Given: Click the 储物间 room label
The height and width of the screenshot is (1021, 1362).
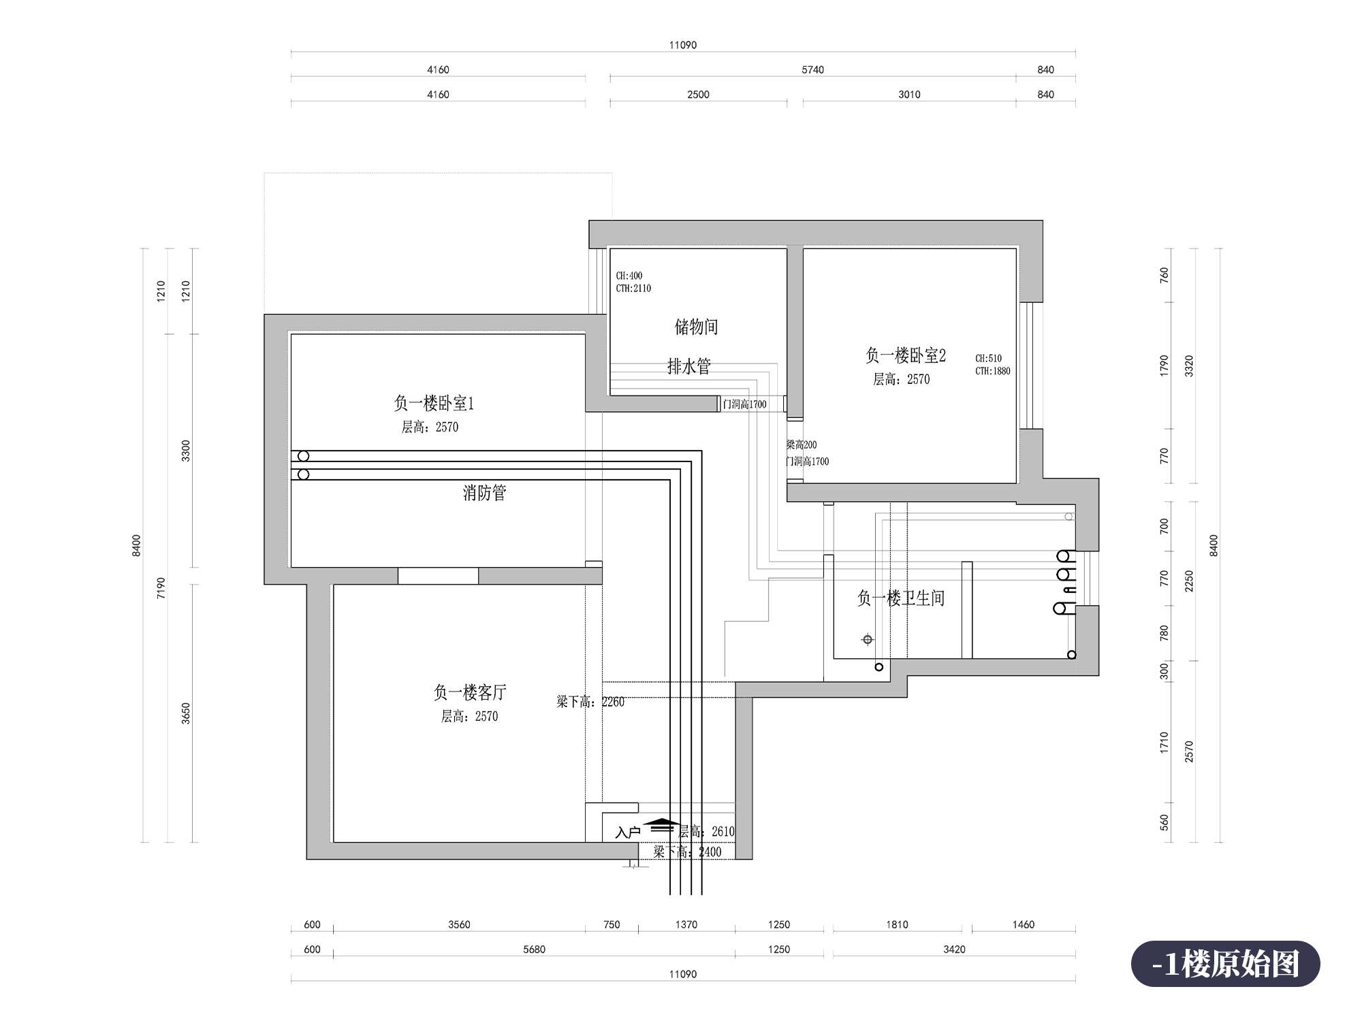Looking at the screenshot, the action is click(x=696, y=327).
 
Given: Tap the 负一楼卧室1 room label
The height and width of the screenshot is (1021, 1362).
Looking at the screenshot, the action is click(x=433, y=403).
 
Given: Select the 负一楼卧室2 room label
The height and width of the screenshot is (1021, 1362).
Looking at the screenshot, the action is click(x=906, y=355).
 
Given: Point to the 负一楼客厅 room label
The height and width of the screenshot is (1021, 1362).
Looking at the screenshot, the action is click(x=470, y=692).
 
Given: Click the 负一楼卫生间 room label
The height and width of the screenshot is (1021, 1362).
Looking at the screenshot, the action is click(x=901, y=598).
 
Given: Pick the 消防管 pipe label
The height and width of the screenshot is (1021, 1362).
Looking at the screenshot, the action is click(x=485, y=492).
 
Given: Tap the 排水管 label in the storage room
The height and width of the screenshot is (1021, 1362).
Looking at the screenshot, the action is click(x=689, y=366).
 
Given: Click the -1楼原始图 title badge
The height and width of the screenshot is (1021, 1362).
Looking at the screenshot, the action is click(x=1226, y=964).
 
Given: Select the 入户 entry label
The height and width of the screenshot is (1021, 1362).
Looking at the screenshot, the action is click(x=628, y=832).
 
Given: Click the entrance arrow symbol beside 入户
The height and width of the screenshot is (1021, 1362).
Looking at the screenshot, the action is click(x=662, y=826).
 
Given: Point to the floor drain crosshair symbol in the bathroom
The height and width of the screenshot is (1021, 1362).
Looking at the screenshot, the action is click(x=868, y=640).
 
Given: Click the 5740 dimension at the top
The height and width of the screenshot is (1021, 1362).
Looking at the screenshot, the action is click(x=812, y=69).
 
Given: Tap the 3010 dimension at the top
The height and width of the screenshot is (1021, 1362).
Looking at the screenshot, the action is click(x=909, y=95).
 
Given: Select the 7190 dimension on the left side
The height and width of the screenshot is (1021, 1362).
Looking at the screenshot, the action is click(x=161, y=587).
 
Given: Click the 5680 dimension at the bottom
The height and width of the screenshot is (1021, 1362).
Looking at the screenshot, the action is click(x=534, y=950).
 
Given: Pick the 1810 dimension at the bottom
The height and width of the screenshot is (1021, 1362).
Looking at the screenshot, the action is click(x=897, y=924).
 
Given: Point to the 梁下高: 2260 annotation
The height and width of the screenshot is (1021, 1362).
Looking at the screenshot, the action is click(x=590, y=702).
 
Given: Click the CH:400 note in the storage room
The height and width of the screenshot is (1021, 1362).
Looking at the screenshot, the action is click(x=629, y=276).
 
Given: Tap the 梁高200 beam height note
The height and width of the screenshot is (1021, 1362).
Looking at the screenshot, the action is click(x=802, y=444).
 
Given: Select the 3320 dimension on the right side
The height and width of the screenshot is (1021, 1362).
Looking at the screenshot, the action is click(x=1189, y=366).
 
